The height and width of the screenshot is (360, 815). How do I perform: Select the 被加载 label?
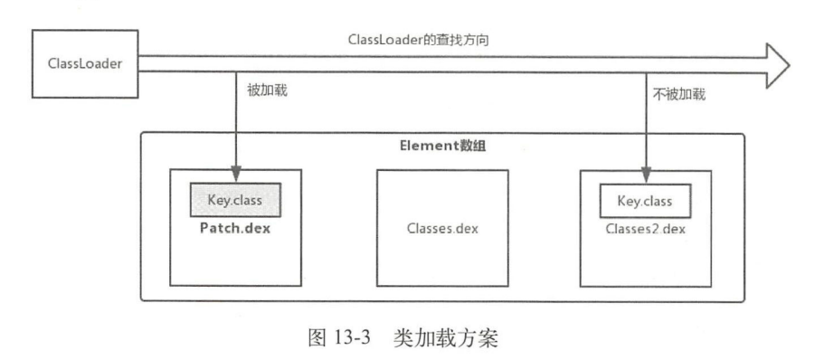(267, 92)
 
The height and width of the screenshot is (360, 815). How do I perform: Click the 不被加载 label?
(677, 92)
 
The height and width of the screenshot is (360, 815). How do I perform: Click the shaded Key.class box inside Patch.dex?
(235, 198)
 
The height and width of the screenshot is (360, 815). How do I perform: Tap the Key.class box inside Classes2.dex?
(645, 200)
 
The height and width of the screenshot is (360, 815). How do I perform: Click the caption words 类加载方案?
(441, 338)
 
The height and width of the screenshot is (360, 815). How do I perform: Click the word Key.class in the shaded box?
(235, 198)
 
